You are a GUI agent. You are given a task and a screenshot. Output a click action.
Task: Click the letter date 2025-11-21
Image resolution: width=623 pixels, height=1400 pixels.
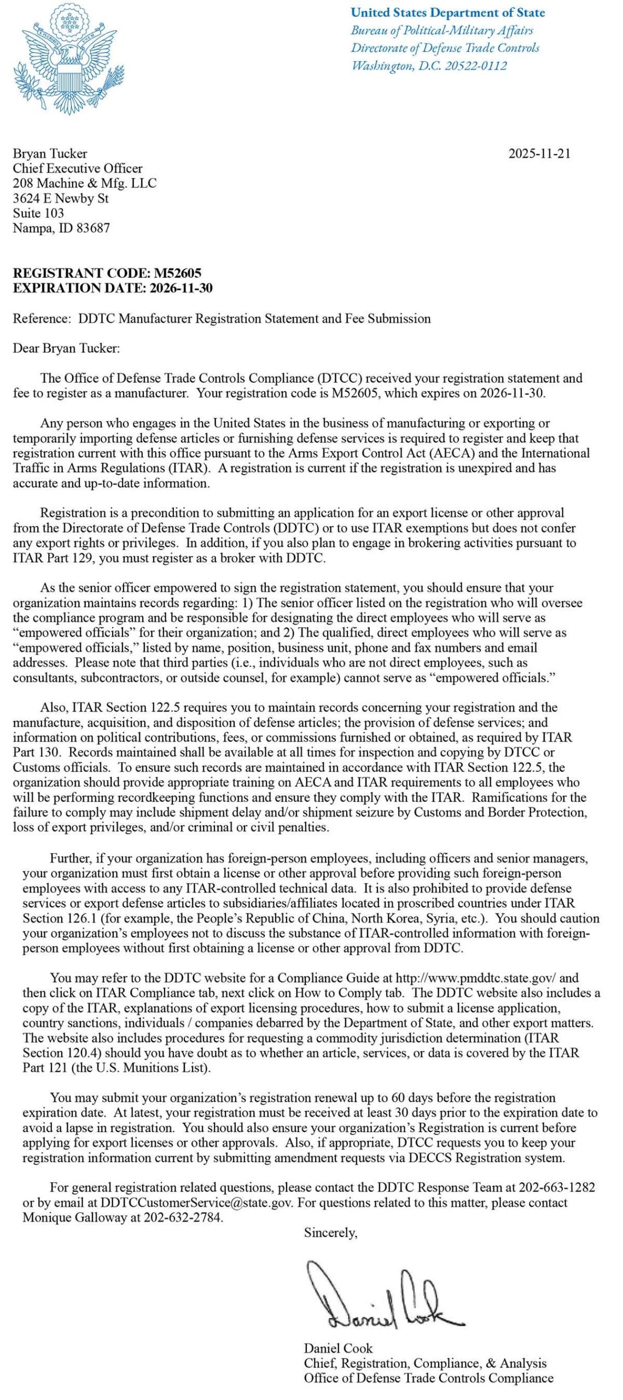[539, 154]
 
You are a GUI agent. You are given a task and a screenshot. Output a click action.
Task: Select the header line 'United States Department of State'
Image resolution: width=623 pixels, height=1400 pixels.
[447, 13]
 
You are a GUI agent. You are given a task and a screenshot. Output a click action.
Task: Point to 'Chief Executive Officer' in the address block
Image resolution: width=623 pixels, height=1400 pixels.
[78, 168]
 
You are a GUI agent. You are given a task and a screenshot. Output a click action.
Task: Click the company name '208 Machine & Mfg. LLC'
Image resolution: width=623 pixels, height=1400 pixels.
[84, 183]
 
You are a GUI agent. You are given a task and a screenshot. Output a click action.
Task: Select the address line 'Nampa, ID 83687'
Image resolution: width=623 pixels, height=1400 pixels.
[61, 228]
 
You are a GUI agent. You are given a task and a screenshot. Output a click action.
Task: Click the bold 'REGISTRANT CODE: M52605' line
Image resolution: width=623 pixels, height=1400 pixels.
[107, 273]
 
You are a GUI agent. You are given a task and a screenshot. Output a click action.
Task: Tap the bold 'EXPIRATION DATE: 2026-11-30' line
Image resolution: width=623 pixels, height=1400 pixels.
[113, 288]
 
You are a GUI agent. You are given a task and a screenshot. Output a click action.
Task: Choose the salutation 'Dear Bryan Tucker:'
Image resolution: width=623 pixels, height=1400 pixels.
[66, 348]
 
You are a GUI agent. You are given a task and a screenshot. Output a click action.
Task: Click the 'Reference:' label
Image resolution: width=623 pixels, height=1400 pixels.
[42, 319]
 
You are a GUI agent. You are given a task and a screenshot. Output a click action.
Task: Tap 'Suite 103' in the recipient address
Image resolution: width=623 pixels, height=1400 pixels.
[38, 213]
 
